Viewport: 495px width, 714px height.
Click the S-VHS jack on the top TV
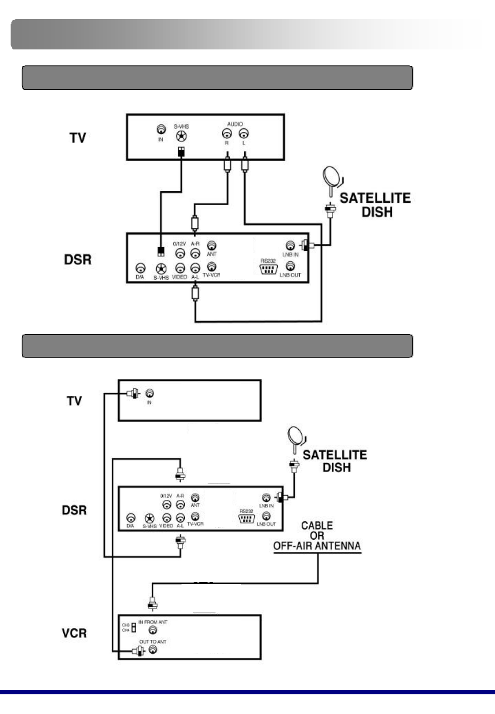tap(182, 136)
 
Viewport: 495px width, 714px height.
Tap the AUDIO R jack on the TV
tap(226, 134)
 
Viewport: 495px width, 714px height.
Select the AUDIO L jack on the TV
tap(244, 134)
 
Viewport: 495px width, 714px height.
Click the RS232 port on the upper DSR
tap(269, 269)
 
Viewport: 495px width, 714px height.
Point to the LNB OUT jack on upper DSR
tap(290, 266)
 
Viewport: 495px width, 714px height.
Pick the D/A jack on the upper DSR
tap(141, 268)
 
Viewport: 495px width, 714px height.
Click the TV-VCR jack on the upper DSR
tap(211, 266)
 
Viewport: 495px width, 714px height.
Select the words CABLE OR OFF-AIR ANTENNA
tap(317, 535)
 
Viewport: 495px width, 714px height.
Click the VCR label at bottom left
tap(74, 633)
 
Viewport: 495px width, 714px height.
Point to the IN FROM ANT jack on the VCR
tap(153, 630)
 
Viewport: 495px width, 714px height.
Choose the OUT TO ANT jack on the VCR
tap(153, 649)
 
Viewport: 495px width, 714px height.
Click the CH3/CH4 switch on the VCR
tap(133, 627)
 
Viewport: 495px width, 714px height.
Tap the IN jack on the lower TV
tap(149, 393)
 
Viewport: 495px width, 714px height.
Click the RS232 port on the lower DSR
tap(247, 519)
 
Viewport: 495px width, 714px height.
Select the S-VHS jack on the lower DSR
tap(149, 518)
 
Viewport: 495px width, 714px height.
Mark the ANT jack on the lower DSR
tap(195, 498)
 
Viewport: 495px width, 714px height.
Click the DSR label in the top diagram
tap(78, 260)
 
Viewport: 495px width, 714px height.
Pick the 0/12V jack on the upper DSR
tap(180, 253)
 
